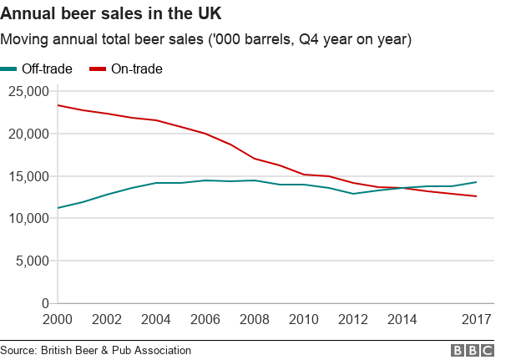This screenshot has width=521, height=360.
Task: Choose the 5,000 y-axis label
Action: [31, 261]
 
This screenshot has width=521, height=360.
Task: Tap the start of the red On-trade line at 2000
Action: [58, 105]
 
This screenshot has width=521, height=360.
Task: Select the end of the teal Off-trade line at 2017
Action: [476, 182]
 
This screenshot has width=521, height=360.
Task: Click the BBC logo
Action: [473, 350]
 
